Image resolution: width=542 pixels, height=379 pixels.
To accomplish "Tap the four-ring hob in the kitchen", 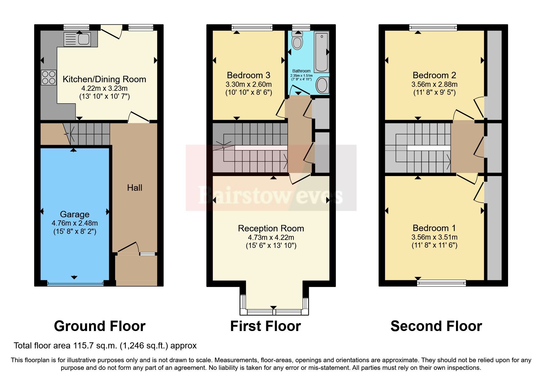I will (49, 77).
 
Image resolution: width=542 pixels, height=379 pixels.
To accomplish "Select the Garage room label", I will (75, 214).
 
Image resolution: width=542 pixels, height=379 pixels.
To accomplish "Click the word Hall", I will (135, 188).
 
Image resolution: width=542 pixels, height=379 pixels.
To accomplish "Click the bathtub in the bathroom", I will (321, 52).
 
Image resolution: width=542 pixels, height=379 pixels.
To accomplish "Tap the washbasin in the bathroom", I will (322, 85).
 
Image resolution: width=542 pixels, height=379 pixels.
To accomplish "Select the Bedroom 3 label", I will (249, 75).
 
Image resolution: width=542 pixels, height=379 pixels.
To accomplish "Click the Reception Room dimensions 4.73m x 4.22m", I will (271, 237).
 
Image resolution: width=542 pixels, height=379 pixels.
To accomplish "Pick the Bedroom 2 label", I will (434, 75).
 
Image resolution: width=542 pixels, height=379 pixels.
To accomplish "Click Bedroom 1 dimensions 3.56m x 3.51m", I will (434, 237).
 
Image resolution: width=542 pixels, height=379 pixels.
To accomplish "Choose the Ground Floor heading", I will (99, 326).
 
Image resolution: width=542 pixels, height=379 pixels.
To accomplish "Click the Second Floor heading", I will (436, 326).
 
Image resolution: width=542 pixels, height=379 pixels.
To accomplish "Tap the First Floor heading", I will (265, 326).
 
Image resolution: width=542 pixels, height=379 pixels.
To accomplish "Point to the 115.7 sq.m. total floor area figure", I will (95, 346).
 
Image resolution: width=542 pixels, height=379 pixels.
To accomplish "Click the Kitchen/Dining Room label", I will (104, 79).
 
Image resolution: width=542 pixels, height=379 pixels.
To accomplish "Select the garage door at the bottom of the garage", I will (75, 283).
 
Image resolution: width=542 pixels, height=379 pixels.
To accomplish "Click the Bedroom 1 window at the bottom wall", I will (442, 283).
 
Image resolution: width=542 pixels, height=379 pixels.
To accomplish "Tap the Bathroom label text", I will (301, 71).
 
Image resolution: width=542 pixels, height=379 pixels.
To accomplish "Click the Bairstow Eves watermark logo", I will (271, 195).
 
